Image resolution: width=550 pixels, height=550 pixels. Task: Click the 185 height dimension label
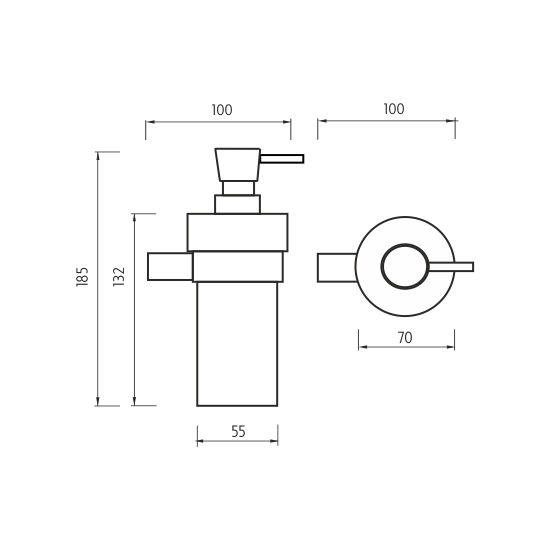[x=82, y=277]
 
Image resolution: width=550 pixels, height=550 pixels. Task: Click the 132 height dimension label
[x=119, y=277]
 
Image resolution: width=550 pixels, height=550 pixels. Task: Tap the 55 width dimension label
[x=239, y=431]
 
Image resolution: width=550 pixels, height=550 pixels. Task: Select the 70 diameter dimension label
[x=405, y=338]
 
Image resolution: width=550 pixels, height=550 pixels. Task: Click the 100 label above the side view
[x=222, y=110]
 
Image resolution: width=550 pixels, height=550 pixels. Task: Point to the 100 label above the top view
[x=394, y=109]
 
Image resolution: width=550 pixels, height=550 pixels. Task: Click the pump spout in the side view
[x=282, y=159]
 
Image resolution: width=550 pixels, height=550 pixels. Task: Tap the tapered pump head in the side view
[x=237, y=165]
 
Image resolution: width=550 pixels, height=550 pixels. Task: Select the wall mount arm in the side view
[x=170, y=267]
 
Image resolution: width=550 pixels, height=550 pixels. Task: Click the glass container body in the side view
[x=237, y=344]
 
